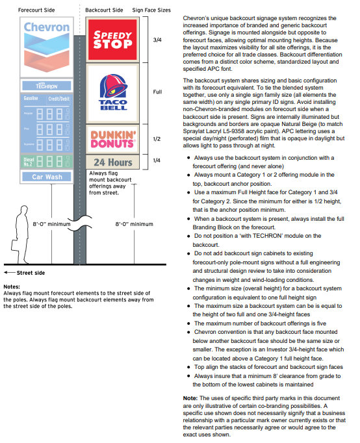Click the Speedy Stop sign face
coord(112,40)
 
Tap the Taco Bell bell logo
coord(112,86)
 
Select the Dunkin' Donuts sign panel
coord(112,140)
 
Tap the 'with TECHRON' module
coord(46,85)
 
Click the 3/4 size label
coord(157,40)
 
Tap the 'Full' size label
coord(157,92)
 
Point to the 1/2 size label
coord(157,140)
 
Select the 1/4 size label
coord(157,162)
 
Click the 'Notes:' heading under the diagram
coord(12,286)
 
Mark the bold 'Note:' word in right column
coord(190,398)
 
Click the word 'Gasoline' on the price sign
coord(31,98)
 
